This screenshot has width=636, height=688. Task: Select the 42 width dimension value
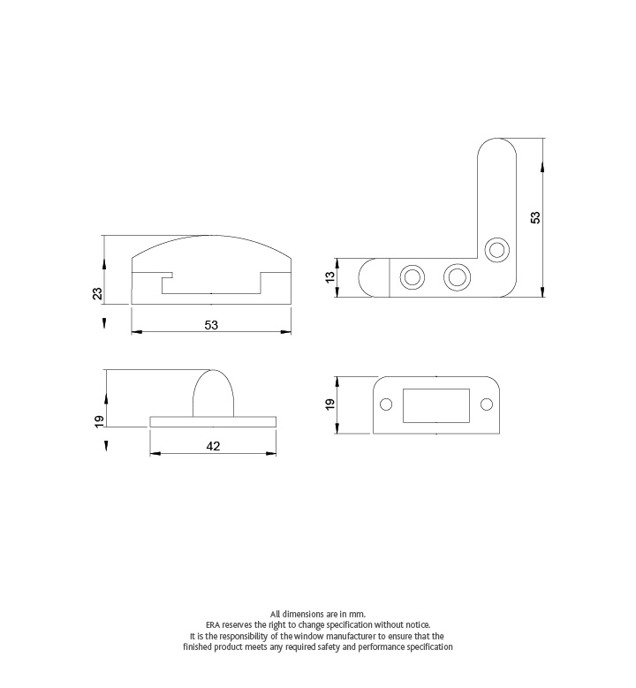(x=213, y=447)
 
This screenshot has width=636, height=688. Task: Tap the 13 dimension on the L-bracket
(x=330, y=277)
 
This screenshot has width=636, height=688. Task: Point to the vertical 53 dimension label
(x=535, y=217)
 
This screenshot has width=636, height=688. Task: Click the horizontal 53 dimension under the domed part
(x=211, y=325)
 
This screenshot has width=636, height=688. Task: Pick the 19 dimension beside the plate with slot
(x=329, y=404)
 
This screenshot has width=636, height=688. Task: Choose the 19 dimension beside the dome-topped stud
(x=98, y=420)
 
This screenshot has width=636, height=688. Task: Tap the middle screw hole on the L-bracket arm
(x=457, y=277)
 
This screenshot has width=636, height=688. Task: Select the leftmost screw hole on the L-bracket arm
(x=412, y=277)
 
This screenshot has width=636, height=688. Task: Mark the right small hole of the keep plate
(x=485, y=404)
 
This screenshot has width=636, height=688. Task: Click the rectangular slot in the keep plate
(x=435, y=405)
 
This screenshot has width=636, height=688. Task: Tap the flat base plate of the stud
(x=214, y=421)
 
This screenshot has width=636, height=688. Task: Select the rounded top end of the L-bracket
(x=498, y=155)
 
